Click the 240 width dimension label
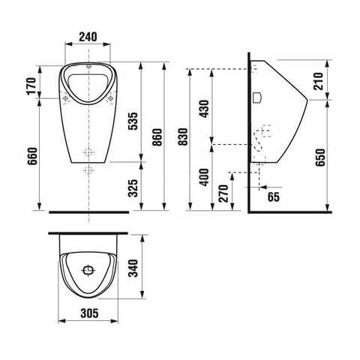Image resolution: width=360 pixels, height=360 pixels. point(88,37)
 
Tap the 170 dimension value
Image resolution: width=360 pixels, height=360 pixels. point(31,86)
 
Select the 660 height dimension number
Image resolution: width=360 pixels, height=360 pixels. point(32,156)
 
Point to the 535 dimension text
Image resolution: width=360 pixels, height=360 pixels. point(133,121)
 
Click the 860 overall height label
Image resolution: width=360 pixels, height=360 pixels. point(157,137)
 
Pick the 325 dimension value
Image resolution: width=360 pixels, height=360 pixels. point(133,188)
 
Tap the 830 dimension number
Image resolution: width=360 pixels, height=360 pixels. point(183,136)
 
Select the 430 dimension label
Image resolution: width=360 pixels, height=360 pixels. point(204,109)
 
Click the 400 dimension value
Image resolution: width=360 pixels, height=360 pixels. point(204,177)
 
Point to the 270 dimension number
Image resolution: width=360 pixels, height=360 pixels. point(223,193)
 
